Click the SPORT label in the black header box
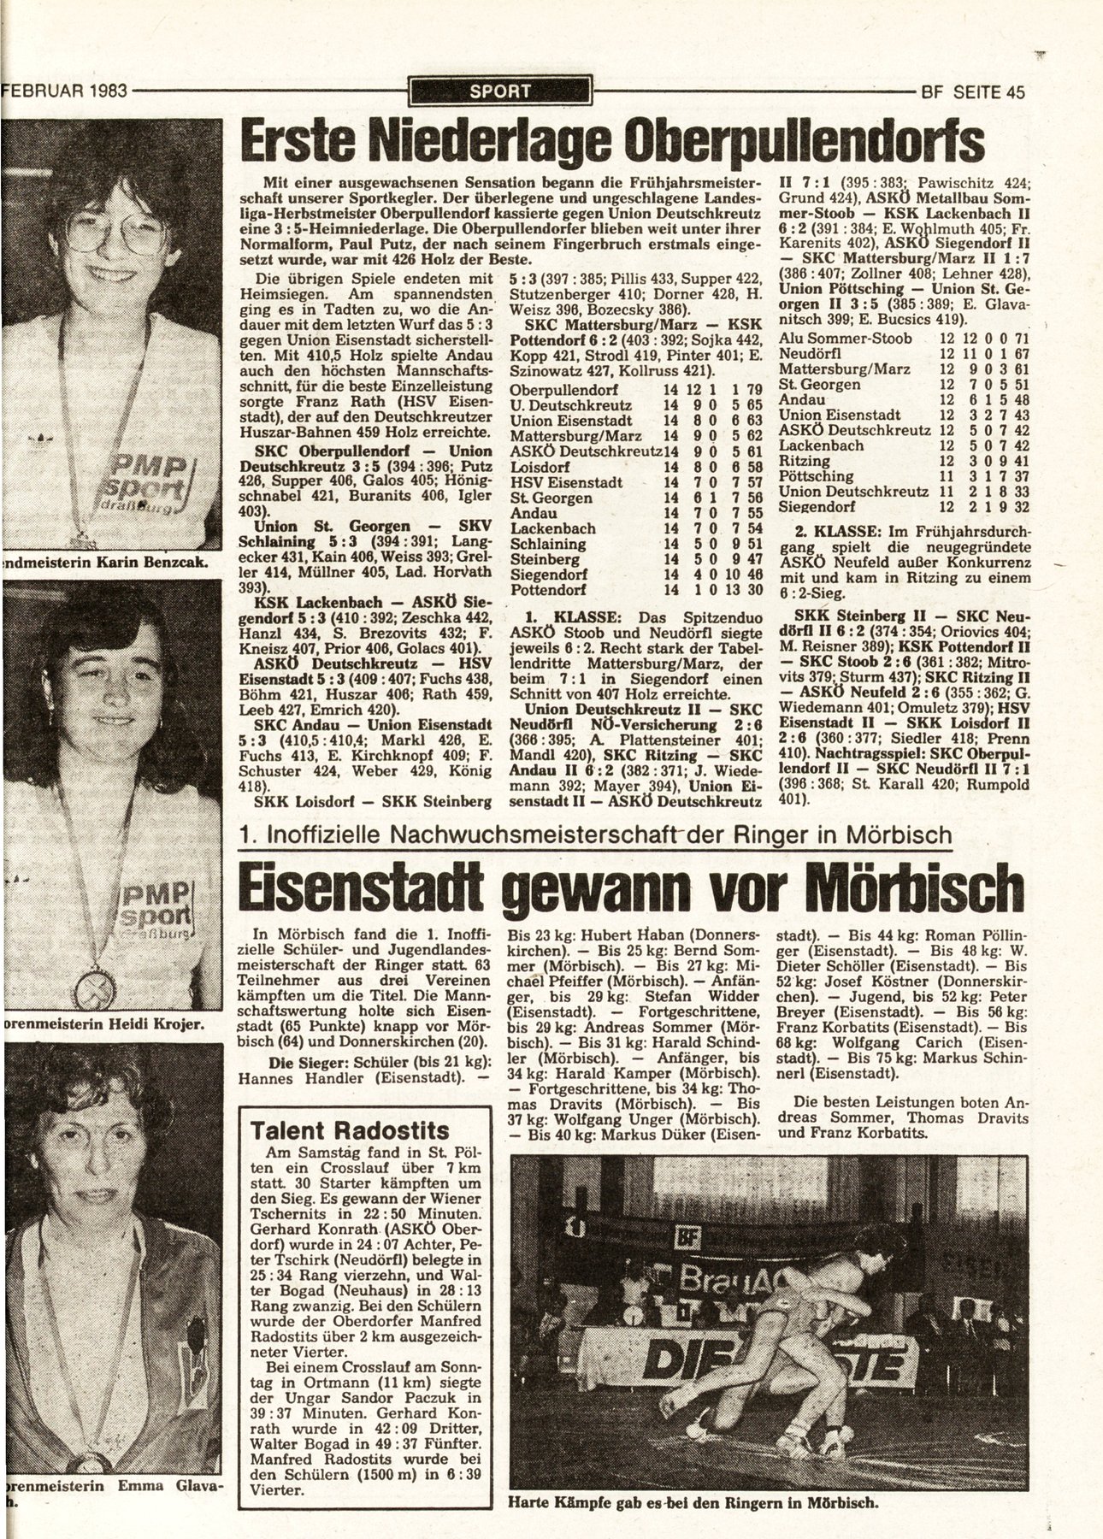[x=500, y=91]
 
